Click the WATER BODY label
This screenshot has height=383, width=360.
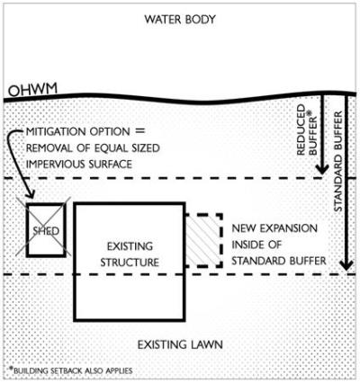[180, 20]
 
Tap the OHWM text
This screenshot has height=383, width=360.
[32, 90]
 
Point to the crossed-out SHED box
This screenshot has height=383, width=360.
[46, 230]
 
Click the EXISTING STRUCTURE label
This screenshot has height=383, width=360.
[130, 254]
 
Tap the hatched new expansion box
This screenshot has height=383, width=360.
[203, 240]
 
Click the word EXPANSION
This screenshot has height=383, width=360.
[288, 228]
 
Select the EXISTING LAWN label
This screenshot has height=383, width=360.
[180, 344]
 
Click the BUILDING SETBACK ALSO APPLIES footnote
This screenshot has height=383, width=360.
[71, 370]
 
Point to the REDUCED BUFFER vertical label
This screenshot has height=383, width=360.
[306, 129]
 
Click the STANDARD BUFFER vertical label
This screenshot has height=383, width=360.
[338, 162]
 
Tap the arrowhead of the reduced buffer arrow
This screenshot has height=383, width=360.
[322, 169]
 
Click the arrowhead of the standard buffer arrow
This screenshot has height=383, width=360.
[346, 264]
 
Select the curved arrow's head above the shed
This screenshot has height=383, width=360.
[30, 194]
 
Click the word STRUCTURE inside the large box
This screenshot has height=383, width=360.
[130, 263]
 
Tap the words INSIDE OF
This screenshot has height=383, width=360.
[256, 245]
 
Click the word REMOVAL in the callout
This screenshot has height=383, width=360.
[46, 148]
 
